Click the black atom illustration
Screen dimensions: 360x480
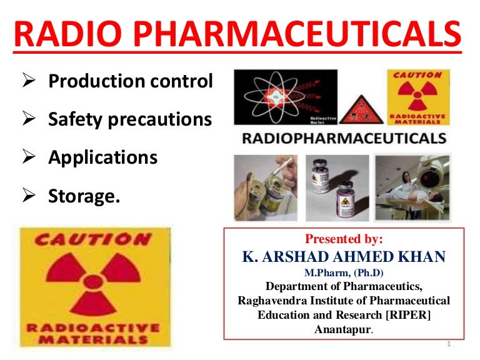point(285,97)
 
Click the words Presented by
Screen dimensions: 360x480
point(343,239)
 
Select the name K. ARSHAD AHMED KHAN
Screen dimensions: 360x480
point(343,256)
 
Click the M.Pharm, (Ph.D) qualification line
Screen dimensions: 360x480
point(343,272)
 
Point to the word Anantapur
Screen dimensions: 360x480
point(342,329)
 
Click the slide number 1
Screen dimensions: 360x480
point(449,345)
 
